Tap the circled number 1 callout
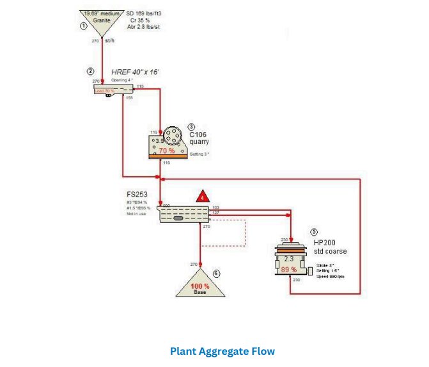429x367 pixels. coord(82,26)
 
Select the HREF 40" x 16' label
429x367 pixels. coord(135,72)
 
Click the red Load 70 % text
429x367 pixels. coord(104,91)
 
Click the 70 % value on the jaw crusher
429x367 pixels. coord(167,151)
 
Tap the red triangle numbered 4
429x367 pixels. coord(203,196)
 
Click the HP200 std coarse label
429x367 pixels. coord(331,247)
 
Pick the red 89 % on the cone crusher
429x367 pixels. coord(289,270)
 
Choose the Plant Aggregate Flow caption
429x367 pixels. coord(222,351)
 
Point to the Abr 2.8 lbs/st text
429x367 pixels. coord(144,27)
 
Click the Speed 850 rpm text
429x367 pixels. coord(331,276)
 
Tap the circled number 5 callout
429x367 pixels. coord(313,232)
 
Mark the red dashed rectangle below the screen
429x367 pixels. coord(224,233)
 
